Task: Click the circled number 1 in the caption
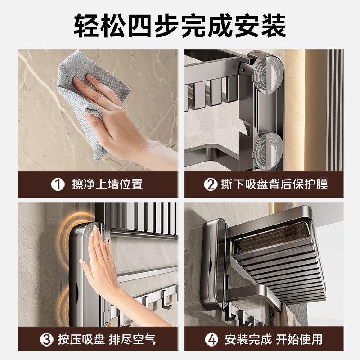58,184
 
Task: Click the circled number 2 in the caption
211,184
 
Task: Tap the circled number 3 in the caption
47,340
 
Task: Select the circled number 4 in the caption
211,340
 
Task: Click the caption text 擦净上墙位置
107,184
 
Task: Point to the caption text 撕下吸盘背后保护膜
274,184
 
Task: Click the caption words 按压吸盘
81,340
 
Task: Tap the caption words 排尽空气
132,340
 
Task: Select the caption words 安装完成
248,340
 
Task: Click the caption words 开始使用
299,340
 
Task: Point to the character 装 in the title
274,26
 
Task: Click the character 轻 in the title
86,26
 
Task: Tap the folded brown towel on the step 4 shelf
273,238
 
